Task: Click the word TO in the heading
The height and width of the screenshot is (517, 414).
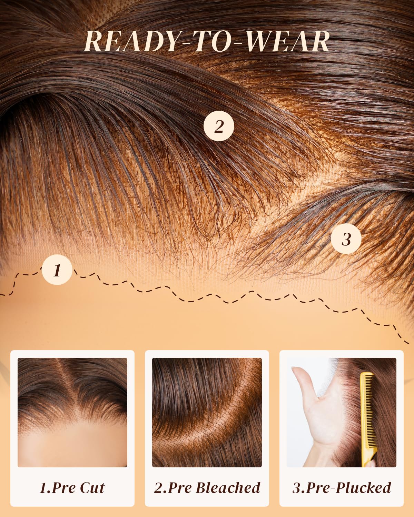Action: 213,41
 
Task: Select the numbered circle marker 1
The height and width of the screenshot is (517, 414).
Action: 57,270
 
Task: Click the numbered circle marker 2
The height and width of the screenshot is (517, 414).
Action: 219,126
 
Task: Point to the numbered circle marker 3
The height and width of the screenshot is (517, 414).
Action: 346,239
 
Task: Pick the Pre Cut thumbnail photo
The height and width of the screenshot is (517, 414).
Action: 72,413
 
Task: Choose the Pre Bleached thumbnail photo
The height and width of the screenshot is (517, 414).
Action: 207,413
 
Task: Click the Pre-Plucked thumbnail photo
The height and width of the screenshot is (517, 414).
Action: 341,413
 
